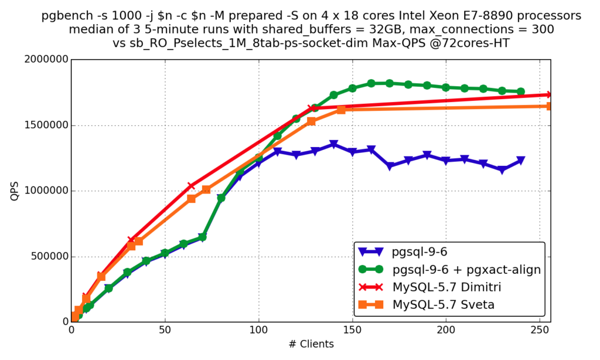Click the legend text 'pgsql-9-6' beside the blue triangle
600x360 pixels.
[419, 252]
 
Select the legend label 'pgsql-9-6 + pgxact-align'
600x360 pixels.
[466, 270]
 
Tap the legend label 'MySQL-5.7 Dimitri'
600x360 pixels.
[446, 287]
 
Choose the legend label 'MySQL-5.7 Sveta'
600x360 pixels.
[443, 305]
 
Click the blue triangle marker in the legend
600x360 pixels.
[370, 252]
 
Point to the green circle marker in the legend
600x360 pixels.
[370, 270]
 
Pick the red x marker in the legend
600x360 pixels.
[370, 287]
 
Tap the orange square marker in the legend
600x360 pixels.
[370, 305]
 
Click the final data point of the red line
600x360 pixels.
[547, 94]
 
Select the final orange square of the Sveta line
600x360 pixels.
[547, 106]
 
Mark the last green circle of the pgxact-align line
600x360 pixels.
[520, 91]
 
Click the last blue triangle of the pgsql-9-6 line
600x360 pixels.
[520, 161]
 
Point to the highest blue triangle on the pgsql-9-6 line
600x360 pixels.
[333, 144]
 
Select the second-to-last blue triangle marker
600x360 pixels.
[502, 170]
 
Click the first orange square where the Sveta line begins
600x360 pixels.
[76, 317]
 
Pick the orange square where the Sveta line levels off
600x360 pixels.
[341, 110]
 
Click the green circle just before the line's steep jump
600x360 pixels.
[202, 237]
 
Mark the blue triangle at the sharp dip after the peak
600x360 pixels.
[390, 167]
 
